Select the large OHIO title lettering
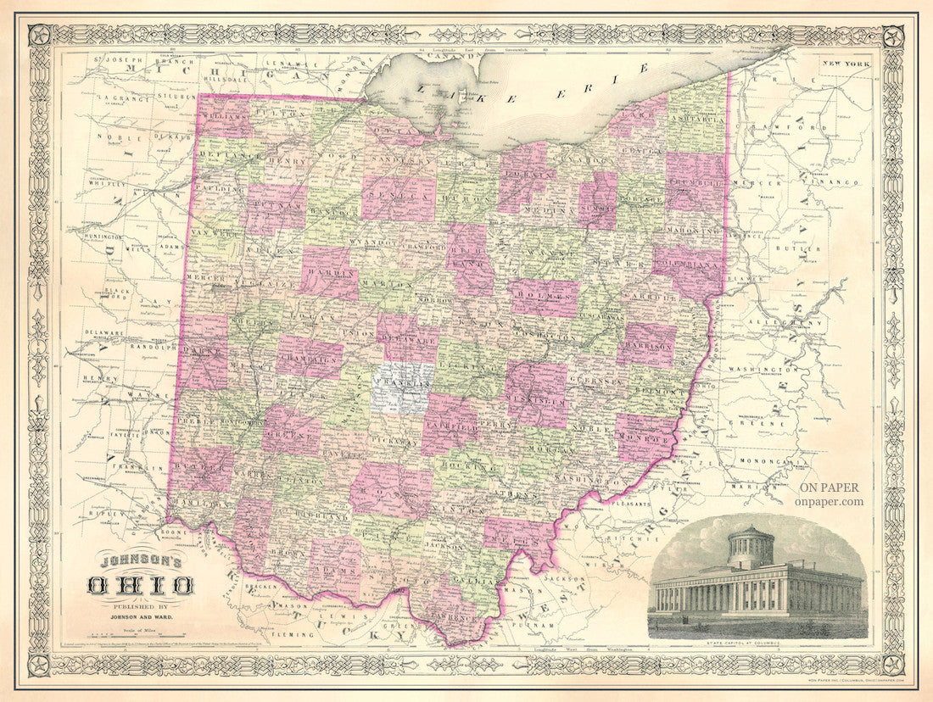[x=140, y=584]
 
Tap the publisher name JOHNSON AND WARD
[x=140, y=616]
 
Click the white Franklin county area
[x=401, y=386]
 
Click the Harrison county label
[x=647, y=345]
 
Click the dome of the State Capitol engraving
[x=751, y=543]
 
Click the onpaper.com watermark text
[x=830, y=501]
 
